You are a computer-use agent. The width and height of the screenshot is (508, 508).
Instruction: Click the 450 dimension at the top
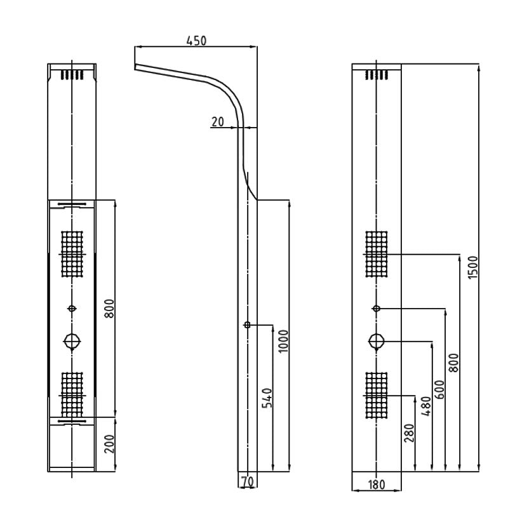(x=196, y=41)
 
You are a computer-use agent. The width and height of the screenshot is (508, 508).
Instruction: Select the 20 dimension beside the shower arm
(x=218, y=121)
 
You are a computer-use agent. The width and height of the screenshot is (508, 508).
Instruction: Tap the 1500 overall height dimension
(x=472, y=267)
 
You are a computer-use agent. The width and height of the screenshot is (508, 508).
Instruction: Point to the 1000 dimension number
(x=284, y=341)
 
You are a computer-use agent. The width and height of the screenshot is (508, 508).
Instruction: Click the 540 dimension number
(x=267, y=398)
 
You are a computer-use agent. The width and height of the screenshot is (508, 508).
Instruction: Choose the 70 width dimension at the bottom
(x=248, y=482)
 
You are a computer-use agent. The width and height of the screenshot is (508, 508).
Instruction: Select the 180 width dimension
(x=377, y=485)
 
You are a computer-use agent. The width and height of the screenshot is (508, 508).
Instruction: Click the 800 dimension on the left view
(x=109, y=309)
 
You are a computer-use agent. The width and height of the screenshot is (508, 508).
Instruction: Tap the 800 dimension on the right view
(x=453, y=362)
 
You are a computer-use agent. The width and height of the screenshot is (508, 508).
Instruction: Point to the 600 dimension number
(x=439, y=389)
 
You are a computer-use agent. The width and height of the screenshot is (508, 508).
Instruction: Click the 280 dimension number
(x=409, y=433)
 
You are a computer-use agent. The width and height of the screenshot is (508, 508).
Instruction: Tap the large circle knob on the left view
(x=72, y=341)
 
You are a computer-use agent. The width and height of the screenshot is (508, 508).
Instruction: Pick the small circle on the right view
(x=376, y=308)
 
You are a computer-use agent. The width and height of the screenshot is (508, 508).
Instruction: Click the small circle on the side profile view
(x=247, y=325)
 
